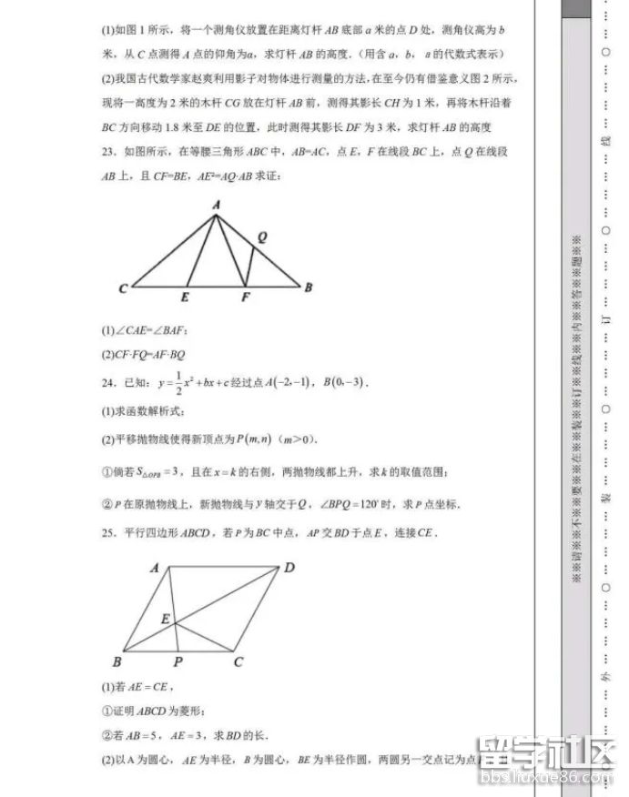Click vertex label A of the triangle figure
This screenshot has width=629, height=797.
pos(217,207)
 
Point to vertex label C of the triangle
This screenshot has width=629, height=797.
pos(122,288)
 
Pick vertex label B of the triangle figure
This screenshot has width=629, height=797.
pos(309,288)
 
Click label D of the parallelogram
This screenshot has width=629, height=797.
pos(289,568)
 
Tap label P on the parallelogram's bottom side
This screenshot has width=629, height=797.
pos(178,661)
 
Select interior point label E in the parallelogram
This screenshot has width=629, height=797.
pos(166,619)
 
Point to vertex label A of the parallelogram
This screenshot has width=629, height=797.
pos(155,568)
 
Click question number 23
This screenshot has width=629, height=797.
pos(109,149)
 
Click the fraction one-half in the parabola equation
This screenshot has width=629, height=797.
pos(179,380)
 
